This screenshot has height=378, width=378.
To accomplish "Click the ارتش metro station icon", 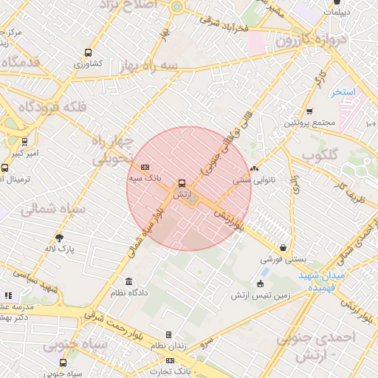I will coord(182,183).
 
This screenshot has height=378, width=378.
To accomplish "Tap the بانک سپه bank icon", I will coord(144,167).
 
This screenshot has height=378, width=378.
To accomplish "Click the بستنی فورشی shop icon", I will coord(283,248).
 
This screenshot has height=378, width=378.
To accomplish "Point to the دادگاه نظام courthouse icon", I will coord(129,281).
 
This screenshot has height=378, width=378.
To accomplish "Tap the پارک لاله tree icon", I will coord(60,238).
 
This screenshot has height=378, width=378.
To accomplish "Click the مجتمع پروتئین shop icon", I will coord(309,111).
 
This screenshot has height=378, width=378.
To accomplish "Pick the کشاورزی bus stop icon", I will coord(89,53).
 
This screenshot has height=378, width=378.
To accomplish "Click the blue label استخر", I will coord(343,92).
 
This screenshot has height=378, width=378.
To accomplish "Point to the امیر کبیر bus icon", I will coord(25,141).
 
